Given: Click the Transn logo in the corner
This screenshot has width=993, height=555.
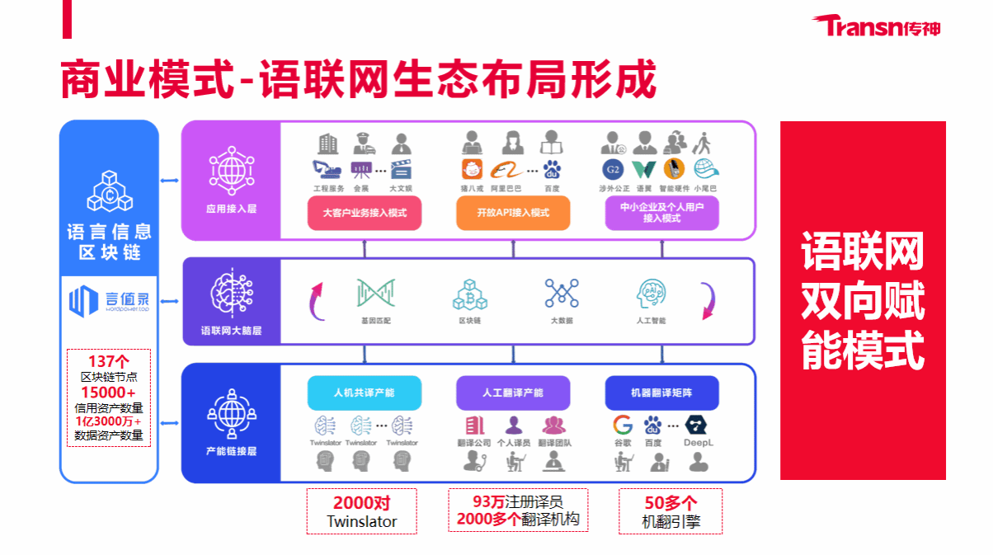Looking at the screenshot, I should click(878, 26).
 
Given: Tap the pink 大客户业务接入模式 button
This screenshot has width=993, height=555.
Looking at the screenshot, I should click(364, 213).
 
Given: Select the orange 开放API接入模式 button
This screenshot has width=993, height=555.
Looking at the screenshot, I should click(512, 213).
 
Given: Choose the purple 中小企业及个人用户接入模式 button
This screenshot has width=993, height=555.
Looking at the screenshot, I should click(661, 213).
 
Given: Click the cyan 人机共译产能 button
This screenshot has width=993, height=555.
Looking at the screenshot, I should click(364, 393).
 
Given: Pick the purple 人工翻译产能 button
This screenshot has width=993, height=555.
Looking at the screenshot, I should click(513, 393).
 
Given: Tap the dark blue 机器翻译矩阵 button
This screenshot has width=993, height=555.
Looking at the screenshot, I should click(661, 393).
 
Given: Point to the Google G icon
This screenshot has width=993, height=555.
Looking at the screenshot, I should click(623, 426).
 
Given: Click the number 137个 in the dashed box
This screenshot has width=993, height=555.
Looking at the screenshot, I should click(109, 361).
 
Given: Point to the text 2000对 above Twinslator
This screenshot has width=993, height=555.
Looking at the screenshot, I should click(361, 503).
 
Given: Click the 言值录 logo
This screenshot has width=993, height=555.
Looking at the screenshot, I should click(109, 300).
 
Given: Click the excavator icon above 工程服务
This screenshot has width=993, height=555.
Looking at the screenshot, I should click(327, 170).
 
